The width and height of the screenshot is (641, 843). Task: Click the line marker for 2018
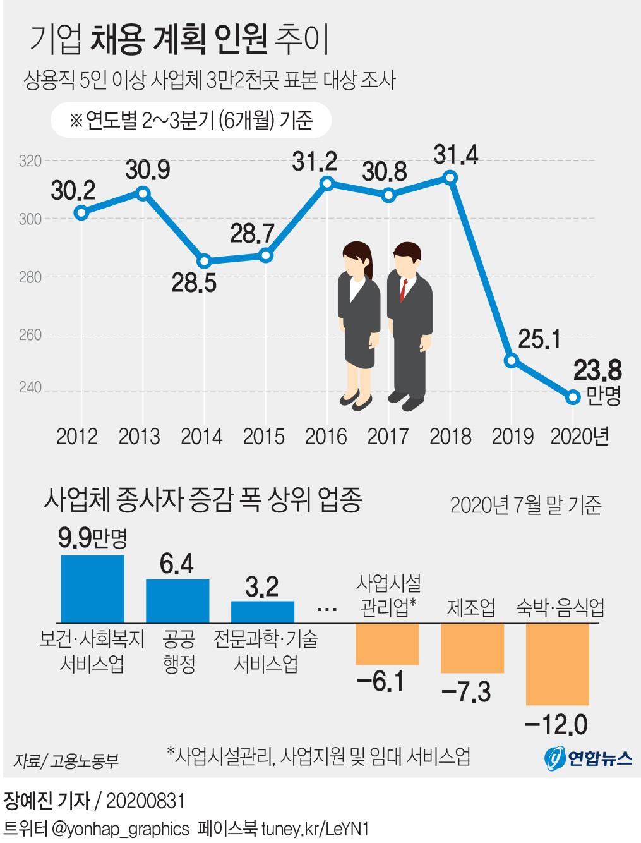(450, 178)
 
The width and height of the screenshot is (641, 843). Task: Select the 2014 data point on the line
(204, 261)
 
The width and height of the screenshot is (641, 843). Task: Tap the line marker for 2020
(573, 397)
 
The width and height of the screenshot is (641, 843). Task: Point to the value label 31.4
(456, 155)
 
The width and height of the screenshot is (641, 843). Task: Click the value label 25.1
(539, 339)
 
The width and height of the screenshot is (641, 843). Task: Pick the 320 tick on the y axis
(30, 161)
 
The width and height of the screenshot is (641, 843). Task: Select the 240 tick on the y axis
(30, 387)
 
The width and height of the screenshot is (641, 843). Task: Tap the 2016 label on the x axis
(326, 437)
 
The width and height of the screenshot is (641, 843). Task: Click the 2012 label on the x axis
(77, 437)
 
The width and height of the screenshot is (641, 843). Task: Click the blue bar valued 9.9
(92, 589)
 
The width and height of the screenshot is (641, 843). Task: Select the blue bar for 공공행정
(177, 601)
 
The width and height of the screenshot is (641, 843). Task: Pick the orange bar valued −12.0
(557, 664)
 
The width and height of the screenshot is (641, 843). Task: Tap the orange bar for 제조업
(472, 648)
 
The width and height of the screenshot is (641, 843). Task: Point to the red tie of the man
(403, 290)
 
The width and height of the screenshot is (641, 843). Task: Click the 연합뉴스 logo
(588, 758)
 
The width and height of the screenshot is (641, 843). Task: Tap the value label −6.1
(380, 681)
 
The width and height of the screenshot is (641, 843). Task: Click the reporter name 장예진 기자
(47, 801)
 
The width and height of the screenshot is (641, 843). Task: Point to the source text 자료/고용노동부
(66, 761)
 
